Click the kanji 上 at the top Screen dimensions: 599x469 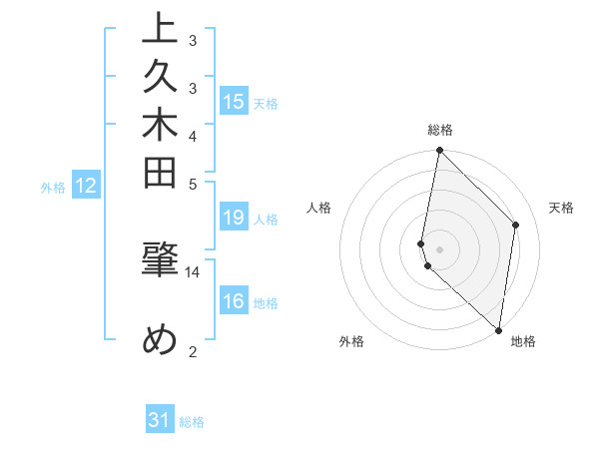(161, 29)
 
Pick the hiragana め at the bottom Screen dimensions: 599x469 (161, 339)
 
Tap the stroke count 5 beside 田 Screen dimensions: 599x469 (193, 183)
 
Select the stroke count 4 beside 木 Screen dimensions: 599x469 (193, 135)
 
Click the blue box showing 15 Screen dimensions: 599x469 (233, 101)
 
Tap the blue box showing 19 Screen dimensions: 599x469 (233, 218)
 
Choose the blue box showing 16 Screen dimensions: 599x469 (233, 301)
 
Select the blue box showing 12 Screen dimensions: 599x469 (86, 185)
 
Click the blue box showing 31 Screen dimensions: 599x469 (160, 420)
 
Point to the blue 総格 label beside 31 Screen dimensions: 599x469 (192, 422)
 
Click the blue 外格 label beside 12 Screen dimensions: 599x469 (53, 187)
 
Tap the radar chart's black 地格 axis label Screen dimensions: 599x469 (523, 341)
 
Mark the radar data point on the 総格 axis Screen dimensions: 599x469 (439, 151)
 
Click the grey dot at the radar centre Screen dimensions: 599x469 (439, 249)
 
